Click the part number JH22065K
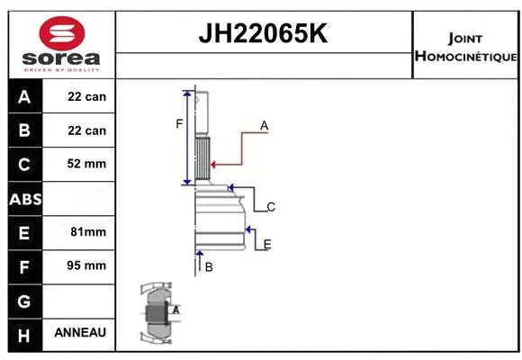(x=263, y=34)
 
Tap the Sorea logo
(x=62, y=44)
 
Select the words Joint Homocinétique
(x=465, y=47)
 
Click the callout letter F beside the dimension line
(x=179, y=123)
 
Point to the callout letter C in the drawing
(x=270, y=207)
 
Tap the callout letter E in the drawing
(x=267, y=244)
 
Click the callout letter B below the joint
(x=209, y=267)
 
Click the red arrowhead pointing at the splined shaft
(x=213, y=164)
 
